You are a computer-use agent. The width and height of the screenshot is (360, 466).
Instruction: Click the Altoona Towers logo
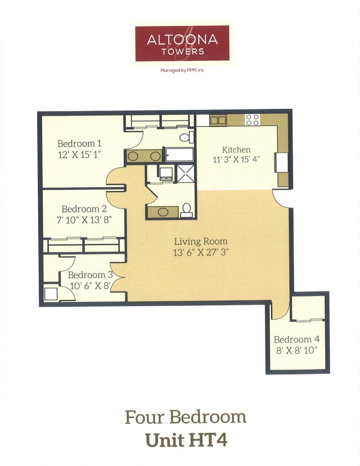[x=182, y=43]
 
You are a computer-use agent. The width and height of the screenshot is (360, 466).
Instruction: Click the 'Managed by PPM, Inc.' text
[x=182, y=70]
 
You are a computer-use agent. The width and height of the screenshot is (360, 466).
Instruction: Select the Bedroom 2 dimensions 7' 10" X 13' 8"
[x=84, y=219]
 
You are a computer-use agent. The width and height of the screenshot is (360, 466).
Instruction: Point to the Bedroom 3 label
[x=90, y=275]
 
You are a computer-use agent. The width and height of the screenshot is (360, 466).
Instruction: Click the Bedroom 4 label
[x=296, y=340]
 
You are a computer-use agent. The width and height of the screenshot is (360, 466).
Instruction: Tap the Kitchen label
[x=236, y=150]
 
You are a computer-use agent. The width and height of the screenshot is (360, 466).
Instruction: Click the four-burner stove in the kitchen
[x=252, y=120]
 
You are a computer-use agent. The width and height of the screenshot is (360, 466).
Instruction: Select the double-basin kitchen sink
[x=218, y=120]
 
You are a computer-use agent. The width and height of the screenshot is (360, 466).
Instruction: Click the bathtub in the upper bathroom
[x=178, y=155]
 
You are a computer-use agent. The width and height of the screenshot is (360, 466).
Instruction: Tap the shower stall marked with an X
[x=186, y=173]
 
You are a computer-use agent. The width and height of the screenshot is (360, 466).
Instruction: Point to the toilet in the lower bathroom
[x=187, y=210]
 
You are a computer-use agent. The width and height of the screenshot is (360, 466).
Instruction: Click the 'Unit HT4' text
[x=186, y=440]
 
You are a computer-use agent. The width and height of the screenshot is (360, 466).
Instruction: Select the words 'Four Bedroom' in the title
[x=186, y=417]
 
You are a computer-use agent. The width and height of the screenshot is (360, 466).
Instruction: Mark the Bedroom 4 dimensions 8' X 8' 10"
[x=296, y=350]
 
